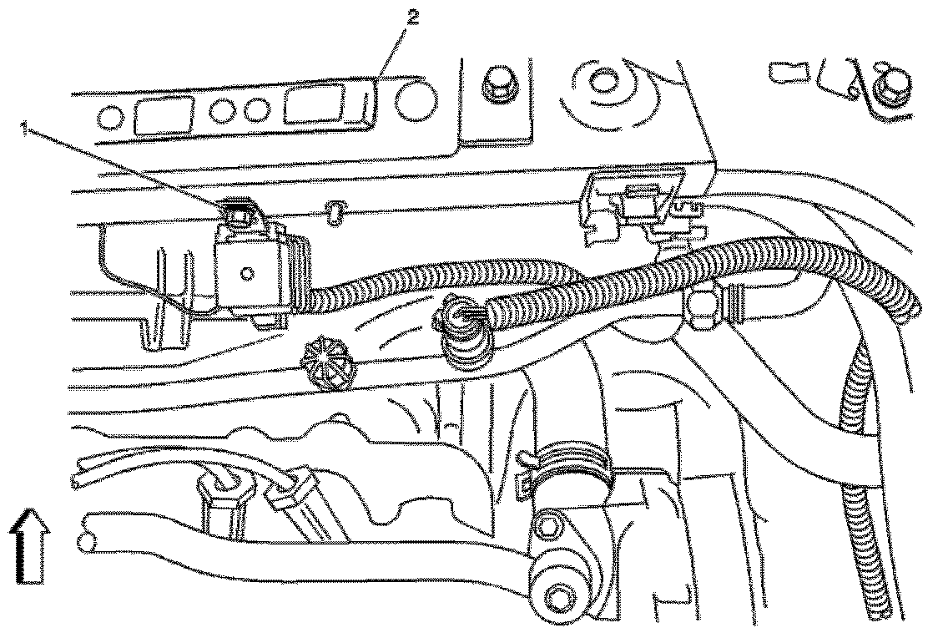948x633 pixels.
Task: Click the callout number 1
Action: (27, 128)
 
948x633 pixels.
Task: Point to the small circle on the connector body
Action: (248, 273)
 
